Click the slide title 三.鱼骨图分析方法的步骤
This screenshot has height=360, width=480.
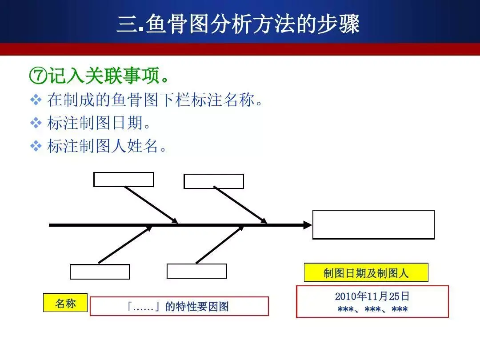pyautogui.click(x=238, y=24)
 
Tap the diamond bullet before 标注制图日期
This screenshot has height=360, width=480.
pyautogui.click(x=36, y=123)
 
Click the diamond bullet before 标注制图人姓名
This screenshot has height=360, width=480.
pyautogui.click(x=36, y=146)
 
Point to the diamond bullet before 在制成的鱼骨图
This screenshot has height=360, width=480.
pyautogui.click(x=36, y=100)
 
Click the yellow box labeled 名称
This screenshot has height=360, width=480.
pyautogui.click(x=65, y=303)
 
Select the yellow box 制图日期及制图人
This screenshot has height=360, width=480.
pyautogui.click(x=366, y=272)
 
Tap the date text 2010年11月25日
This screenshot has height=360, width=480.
pyautogui.click(x=372, y=296)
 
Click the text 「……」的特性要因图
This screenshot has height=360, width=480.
pyautogui.click(x=179, y=306)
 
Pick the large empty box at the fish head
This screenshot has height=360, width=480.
pyautogui.click(x=373, y=224)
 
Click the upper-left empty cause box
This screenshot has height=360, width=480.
pyautogui.click(x=124, y=180)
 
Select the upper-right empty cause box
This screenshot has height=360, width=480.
pyautogui.click(x=214, y=181)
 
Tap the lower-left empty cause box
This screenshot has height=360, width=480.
pyautogui.click(x=100, y=272)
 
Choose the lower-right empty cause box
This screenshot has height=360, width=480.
pyautogui.click(x=196, y=271)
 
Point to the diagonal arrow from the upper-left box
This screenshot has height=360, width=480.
pyautogui.click(x=151, y=204)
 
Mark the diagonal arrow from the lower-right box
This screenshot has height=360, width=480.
pyautogui.click(x=220, y=244)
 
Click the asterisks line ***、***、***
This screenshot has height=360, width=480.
pyautogui.click(x=372, y=309)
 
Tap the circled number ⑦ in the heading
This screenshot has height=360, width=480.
pyautogui.click(x=37, y=76)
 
